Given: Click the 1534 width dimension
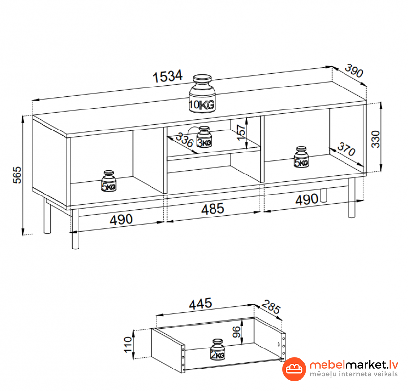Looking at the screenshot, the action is [168, 76].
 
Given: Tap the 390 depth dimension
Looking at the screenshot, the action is [354, 70].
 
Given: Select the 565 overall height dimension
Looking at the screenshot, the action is [17, 174].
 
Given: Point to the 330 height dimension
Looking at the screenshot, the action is [375, 139].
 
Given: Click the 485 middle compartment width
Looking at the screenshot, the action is [213, 209].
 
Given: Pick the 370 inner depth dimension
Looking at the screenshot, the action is [346, 150].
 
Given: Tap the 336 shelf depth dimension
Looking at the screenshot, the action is [185, 140].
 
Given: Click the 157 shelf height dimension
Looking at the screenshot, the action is [241, 132].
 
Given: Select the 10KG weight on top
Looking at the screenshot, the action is [202, 94].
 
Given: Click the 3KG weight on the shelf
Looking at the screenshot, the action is [204, 137].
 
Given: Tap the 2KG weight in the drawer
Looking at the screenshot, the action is [217, 349].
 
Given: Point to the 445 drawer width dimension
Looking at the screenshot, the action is [200, 304].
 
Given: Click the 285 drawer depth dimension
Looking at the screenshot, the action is [271, 306].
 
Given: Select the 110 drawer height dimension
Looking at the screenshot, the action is [128, 345].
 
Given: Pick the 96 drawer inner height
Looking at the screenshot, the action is [236, 332].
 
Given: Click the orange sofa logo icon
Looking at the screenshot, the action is [294, 369].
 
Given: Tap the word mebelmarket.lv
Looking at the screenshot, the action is [354, 365].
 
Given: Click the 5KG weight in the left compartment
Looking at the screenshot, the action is [108, 181].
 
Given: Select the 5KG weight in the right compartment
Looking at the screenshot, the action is [301, 157].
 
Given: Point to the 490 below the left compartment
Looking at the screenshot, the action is [121, 219].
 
